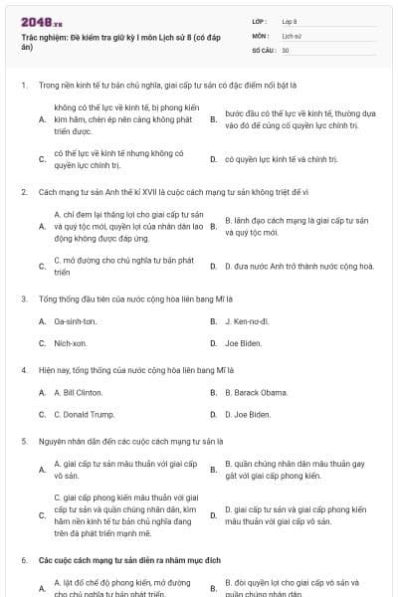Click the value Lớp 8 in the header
290,21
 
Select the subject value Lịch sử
291,35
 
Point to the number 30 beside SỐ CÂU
286,50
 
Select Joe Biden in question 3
244,343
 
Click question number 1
23,86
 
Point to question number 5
23,440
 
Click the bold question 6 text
129,561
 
